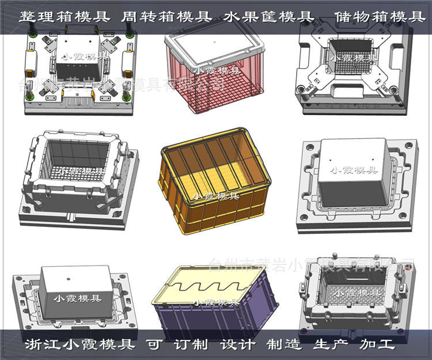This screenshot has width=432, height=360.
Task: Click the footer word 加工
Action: pyautogui.click(x=377, y=344)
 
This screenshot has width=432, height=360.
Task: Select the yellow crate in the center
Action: pyautogui.click(x=214, y=179)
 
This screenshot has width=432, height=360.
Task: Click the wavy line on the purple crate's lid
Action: pyautogui.click(x=210, y=283)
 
